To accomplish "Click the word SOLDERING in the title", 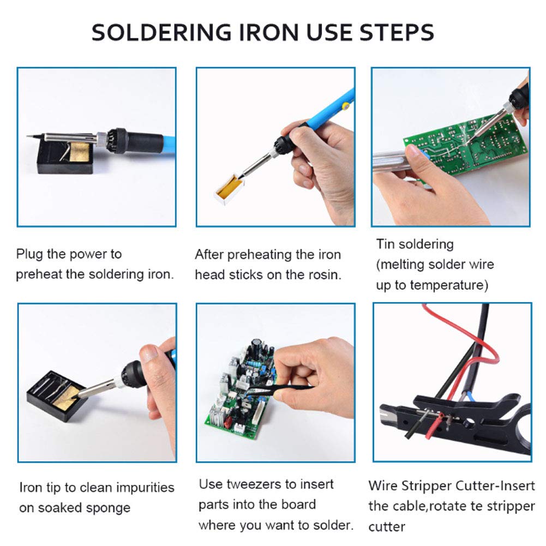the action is [161, 32].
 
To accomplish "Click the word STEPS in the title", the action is [397, 32].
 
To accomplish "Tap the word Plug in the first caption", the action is [29, 255].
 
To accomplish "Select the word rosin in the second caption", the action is [323, 275].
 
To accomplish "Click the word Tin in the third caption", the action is [385, 244].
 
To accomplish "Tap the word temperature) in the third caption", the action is [449, 285].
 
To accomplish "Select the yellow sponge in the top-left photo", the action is [81, 152].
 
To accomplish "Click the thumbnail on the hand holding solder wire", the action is [415, 152].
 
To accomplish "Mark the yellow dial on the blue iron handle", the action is [346, 105].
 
